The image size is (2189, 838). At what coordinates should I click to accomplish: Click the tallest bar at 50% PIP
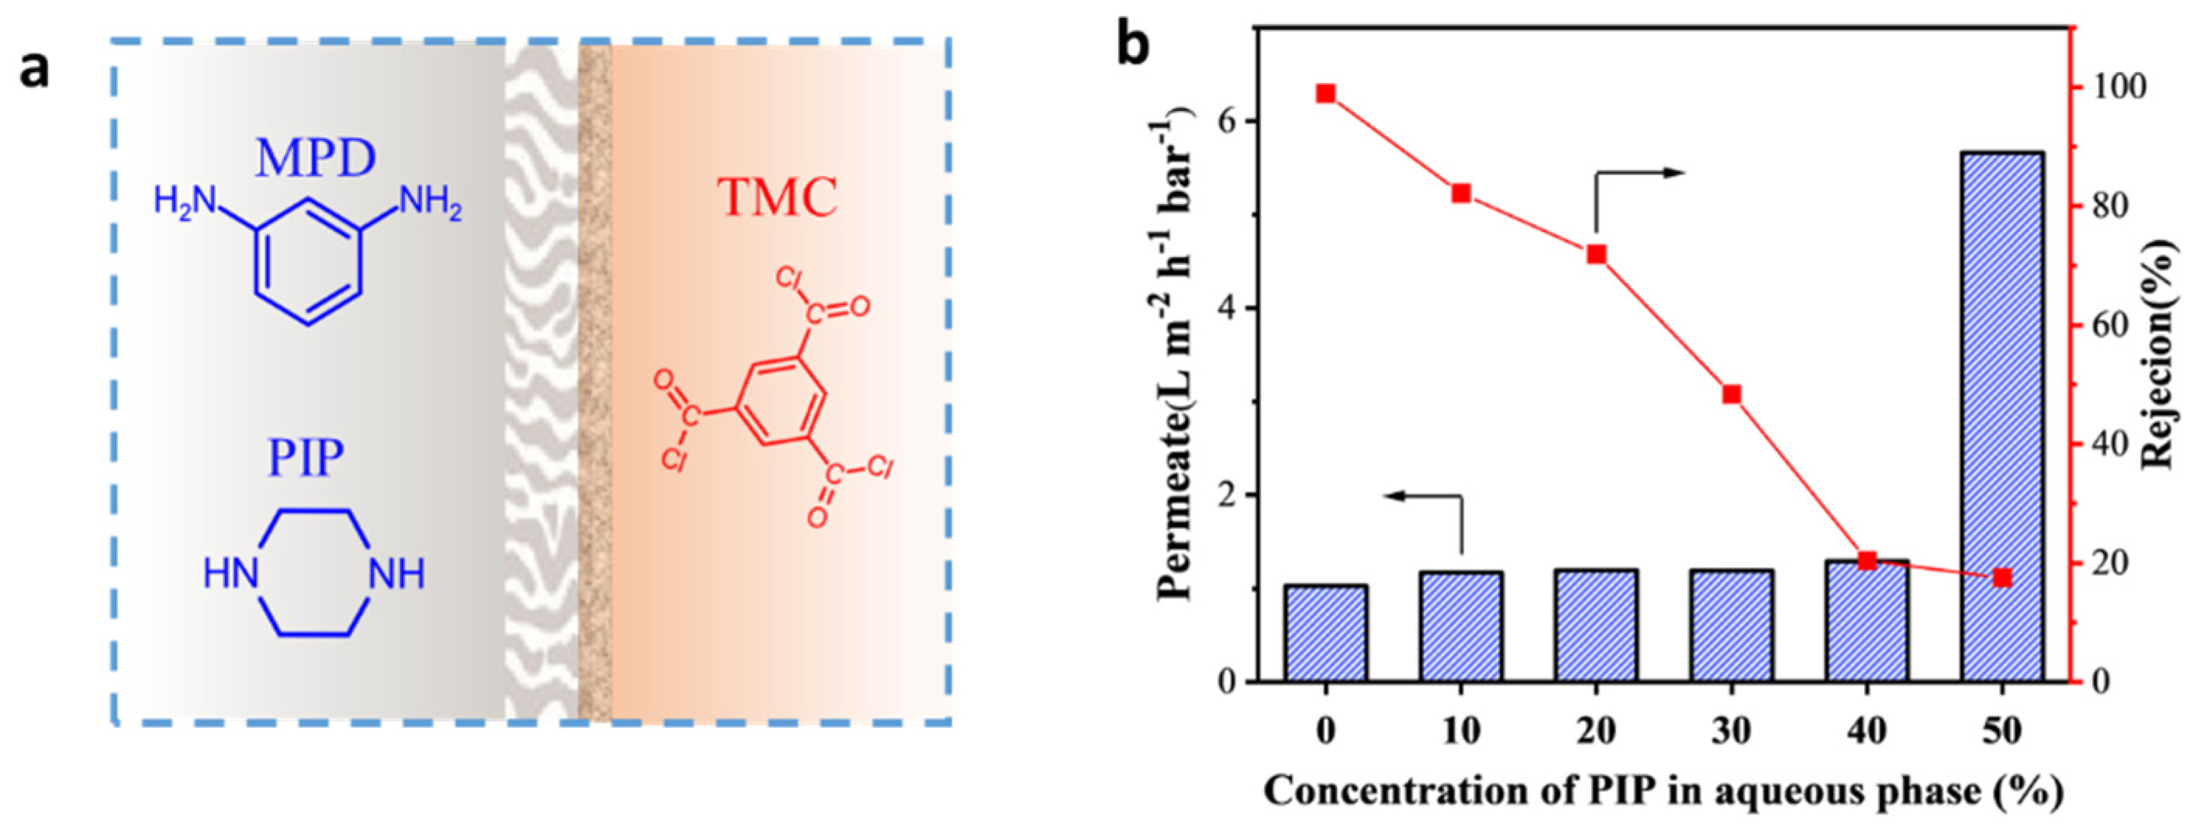[2001, 417]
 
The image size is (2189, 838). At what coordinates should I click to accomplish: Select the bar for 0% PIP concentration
[1326, 633]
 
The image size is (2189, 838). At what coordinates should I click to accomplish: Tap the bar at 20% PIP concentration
[1596, 625]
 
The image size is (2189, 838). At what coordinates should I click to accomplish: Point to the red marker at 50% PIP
[2002, 578]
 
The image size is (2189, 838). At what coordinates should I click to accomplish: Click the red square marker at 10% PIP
[1461, 194]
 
